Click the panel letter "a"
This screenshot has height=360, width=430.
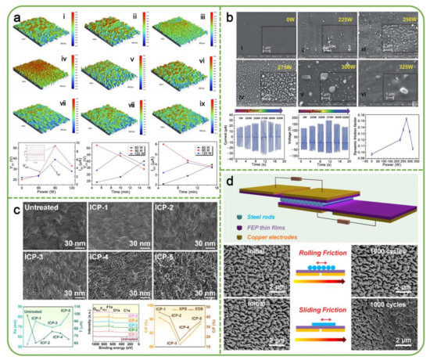tap(11, 12)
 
